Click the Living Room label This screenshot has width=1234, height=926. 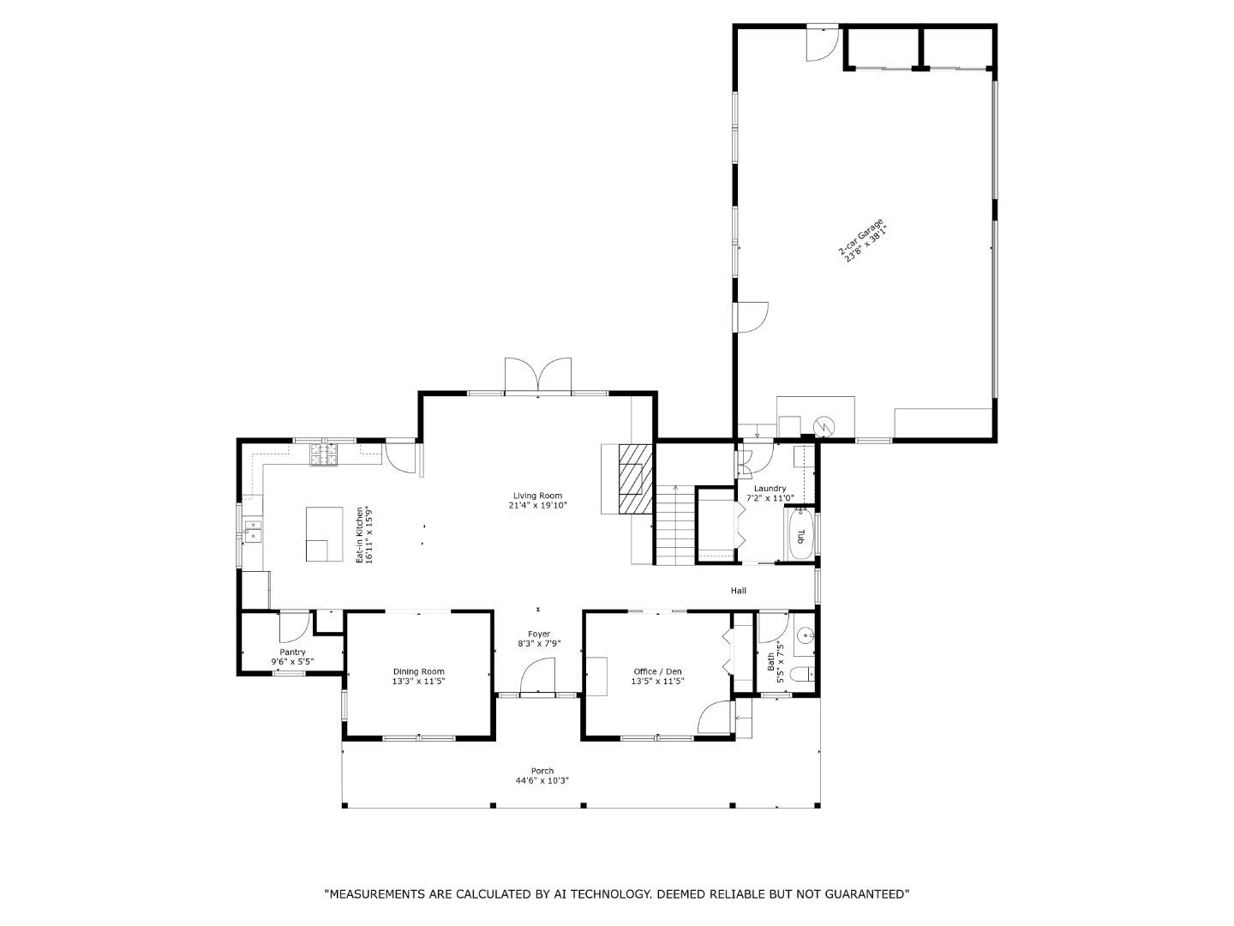coord(537,496)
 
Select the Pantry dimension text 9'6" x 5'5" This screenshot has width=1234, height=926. coord(292,662)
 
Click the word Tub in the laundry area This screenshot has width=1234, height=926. coord(800,536)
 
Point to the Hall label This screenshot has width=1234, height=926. coord(738,591)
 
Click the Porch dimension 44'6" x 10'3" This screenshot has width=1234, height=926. coord(542,780)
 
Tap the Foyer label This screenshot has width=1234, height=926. coord(538,634)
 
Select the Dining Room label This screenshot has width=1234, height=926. coord(419,671)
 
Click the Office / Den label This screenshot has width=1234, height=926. coord(657,671)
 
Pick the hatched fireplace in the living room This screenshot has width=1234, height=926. coord(636,478)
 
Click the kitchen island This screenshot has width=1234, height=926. coord(325,533)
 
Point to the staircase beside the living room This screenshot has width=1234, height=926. coord(674,524)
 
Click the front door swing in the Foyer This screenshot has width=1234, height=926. coord(537,676)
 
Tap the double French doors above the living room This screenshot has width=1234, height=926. coord(538,374)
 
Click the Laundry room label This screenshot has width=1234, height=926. coord(770,488)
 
